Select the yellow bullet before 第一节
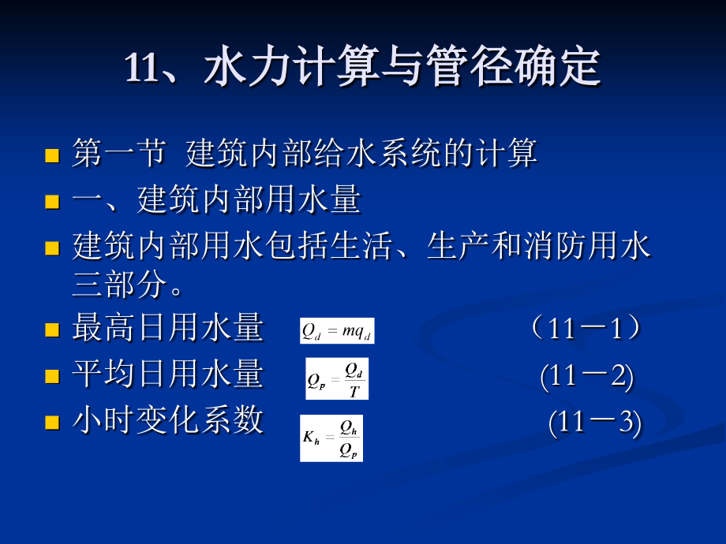pos(53,155)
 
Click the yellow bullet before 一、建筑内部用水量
pos(53,201)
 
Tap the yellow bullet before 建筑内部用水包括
pos(53,248)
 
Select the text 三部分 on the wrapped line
pos(119,285)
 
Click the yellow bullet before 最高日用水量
pos(53,330)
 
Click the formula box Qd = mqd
pos(337,330)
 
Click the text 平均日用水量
pos(167,374)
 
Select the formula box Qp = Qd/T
pos(337,378)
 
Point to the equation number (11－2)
pos(587,376)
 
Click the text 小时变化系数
pos(167,421)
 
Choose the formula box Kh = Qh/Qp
pos(331,438)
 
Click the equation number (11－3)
pos(595,423)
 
